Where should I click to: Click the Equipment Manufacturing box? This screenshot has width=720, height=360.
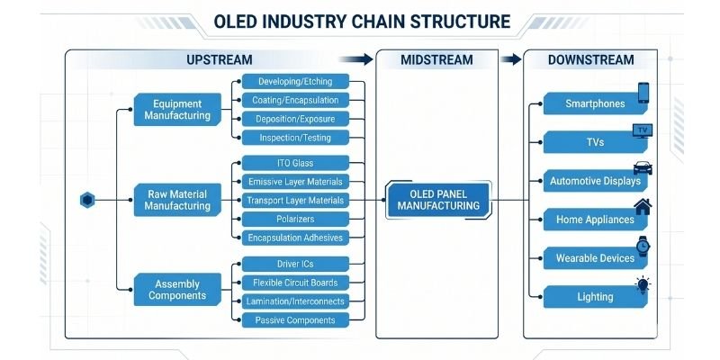177,109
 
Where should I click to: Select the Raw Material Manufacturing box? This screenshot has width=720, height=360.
177,200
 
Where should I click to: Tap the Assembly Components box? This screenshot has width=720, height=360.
177,288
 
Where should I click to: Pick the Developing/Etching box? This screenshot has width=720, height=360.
295,82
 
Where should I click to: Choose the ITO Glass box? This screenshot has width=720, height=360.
295,163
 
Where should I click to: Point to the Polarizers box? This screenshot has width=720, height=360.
295,219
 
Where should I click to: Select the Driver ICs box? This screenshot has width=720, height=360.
295,264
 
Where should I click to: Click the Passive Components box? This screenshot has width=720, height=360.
295,319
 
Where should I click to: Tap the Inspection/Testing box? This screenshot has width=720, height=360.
295,138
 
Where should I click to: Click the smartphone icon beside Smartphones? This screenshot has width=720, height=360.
643,93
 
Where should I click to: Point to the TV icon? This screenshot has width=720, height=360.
642,131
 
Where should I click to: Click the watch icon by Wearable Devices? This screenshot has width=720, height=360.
643,246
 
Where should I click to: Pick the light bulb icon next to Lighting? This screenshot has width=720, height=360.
643,285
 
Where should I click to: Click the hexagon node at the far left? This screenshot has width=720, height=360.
87,200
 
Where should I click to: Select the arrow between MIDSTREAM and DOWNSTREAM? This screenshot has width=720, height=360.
510,60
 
